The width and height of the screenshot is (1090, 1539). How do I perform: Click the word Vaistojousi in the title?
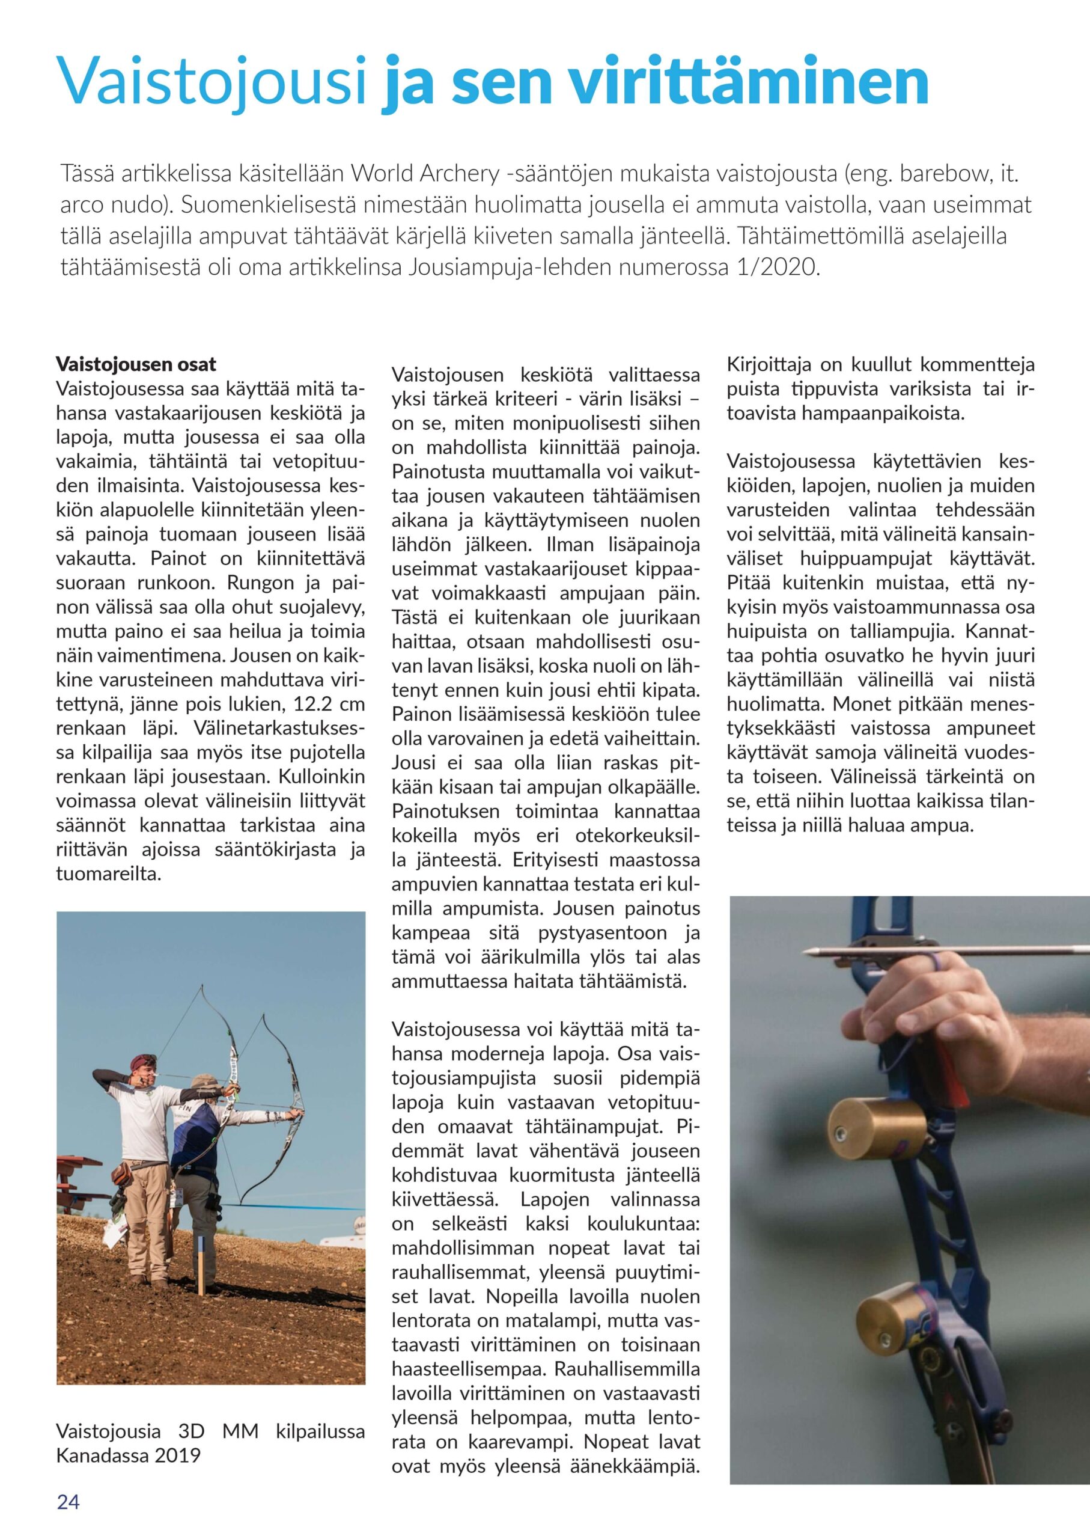point(213,81)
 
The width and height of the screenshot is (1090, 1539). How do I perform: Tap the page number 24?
point(68,1502)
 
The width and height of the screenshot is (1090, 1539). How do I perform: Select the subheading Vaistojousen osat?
point(136,364)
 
